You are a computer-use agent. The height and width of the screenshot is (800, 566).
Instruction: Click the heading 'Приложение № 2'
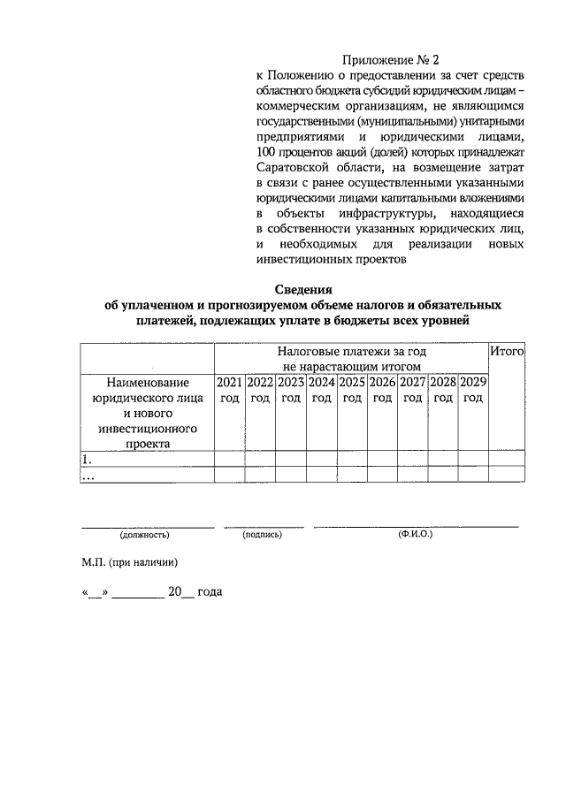click(x=390, y=59)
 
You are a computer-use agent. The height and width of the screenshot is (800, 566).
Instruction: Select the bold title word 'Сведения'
click(x=302, y=289)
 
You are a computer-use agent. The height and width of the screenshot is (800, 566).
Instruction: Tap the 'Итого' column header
click(x=508, y=352)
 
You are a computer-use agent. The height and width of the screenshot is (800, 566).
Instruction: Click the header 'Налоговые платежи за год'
click(x=351, y=352)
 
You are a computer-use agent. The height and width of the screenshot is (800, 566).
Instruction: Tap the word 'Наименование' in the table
click(x=148, y=383)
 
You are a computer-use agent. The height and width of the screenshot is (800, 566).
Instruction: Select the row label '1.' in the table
click(x=87, y=459)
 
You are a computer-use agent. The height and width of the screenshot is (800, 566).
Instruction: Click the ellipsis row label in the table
click(x=88, y=476)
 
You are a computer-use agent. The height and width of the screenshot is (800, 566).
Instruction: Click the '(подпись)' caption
click(x=262, y=535)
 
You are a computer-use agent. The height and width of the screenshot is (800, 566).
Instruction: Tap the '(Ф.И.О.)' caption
click(x=416, y=535)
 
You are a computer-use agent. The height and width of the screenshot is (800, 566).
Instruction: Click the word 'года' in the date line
click(x=210, y=591)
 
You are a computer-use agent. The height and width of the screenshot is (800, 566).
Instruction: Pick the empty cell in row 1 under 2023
click(x=291, y=459)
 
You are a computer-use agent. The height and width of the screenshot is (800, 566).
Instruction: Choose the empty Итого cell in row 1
click(x=508, y=459)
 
